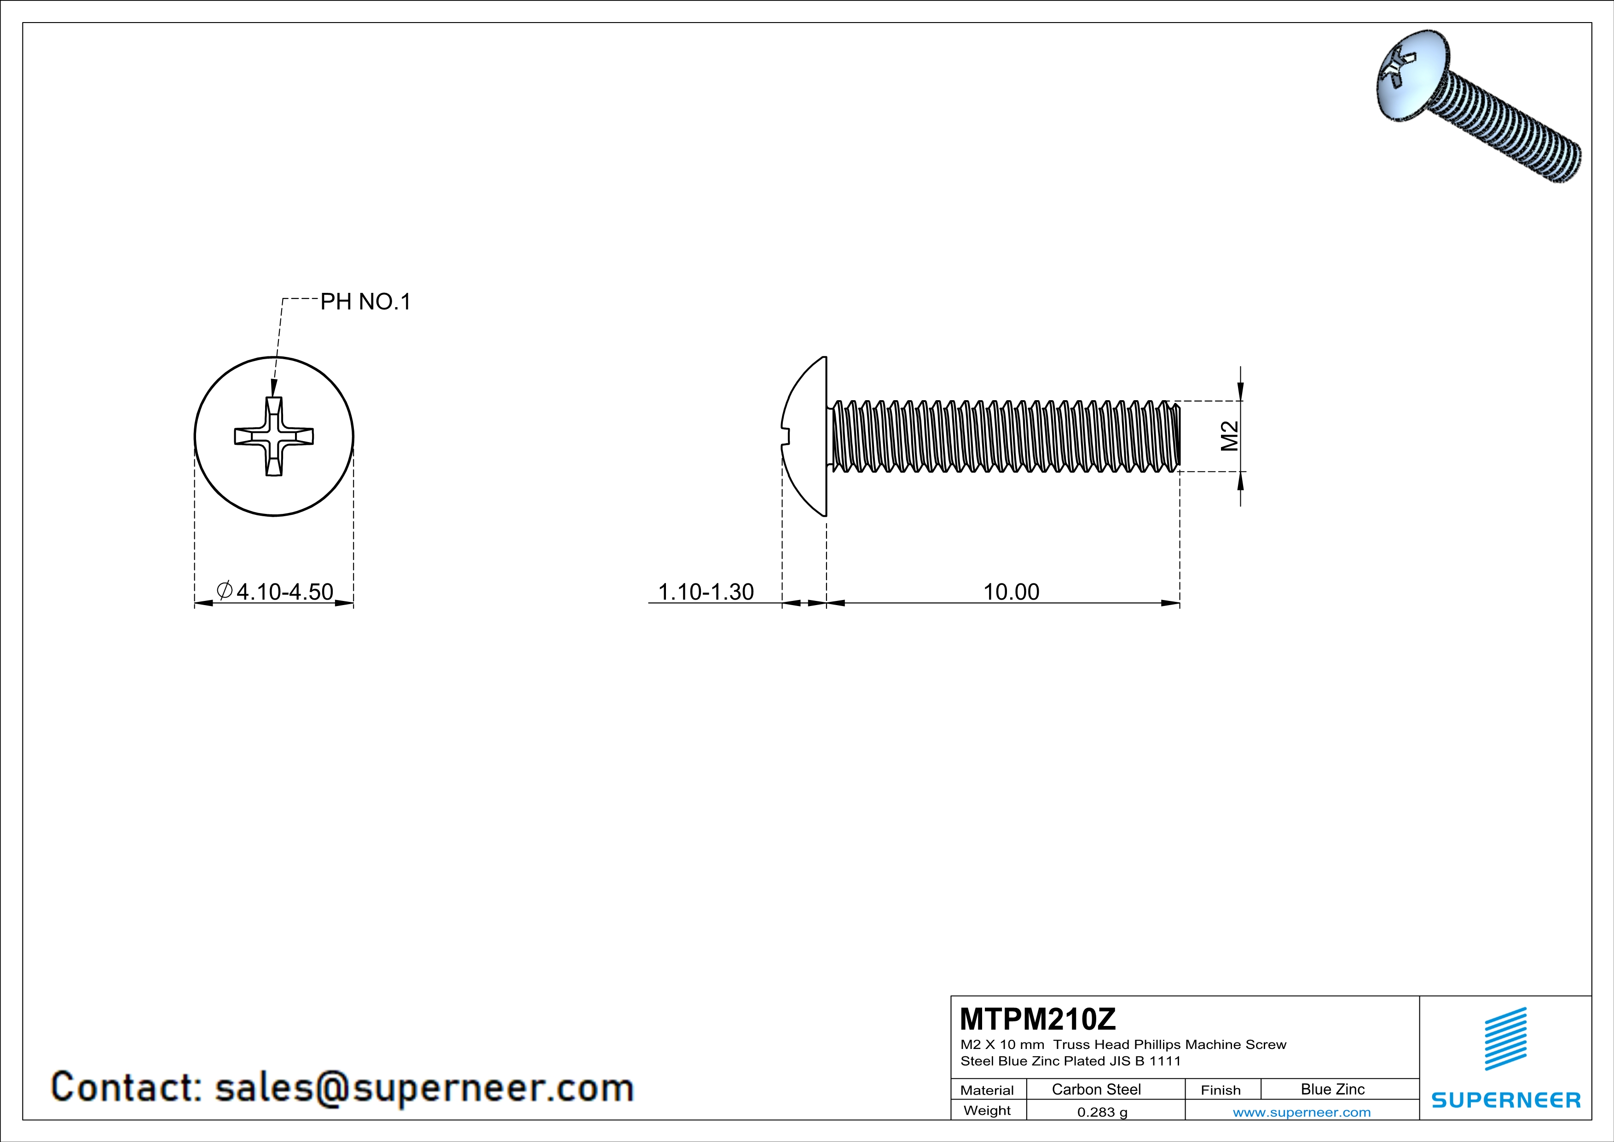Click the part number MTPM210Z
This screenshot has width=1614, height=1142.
(x=1037, y=1019)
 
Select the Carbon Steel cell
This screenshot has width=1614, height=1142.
(x=1096, y=1089)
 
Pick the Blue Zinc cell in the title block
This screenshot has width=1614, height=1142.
(x=1332, y=1089)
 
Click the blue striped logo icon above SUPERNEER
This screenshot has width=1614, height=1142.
(x=1505, y=1039)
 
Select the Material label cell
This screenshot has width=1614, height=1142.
(x=987, y=1090)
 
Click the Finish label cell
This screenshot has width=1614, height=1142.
(x=1221, y=1090)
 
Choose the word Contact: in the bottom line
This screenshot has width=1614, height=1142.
(x=127, y=1087)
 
